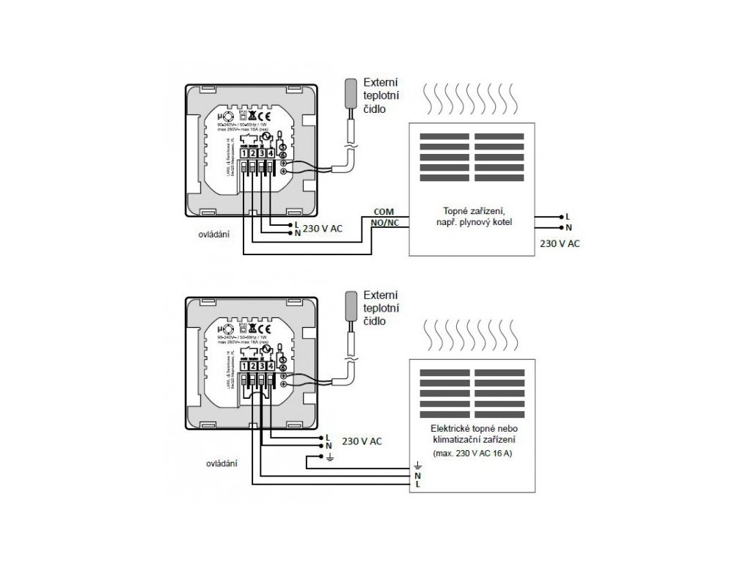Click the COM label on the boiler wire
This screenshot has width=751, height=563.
pyautogui.click(x=384, y=211)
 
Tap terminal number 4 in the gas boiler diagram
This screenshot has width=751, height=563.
pyautogui.click(x=271, y=152)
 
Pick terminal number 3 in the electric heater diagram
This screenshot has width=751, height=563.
pyautogui.click(x=261, y=367)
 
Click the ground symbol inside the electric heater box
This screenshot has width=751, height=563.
pyautogui.click(x=418, y=465)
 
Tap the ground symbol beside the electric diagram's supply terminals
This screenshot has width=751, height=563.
pyautogui.click(x=330, y=458)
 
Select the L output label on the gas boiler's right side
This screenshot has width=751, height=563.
pyautogui.click(x=568, y=217)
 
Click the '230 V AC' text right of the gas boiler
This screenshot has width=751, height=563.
pyautogui.click(x=559, y=243)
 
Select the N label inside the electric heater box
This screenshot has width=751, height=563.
pyautogui.click(x=417, y=475)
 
